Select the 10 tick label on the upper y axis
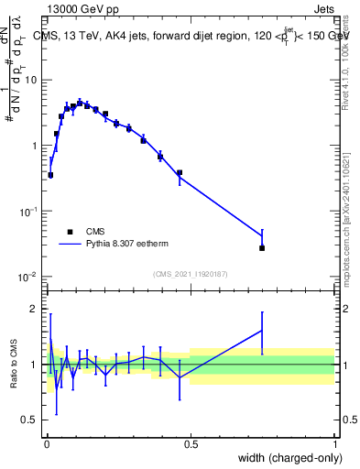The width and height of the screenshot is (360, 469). (x=30, y=80)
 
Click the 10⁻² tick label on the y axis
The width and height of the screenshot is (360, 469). (x=28, y=277)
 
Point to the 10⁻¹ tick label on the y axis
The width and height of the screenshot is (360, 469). (x=28, y=211)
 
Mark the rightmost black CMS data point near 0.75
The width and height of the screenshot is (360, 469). (x=262, y=248)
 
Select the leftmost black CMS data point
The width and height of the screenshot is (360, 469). (x=50, y=175)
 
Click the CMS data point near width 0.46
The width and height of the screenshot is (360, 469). (x=180, y=172)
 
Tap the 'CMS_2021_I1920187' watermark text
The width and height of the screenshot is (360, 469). (x=190, y=274)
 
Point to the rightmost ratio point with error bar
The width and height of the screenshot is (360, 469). (x=262, y=331)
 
